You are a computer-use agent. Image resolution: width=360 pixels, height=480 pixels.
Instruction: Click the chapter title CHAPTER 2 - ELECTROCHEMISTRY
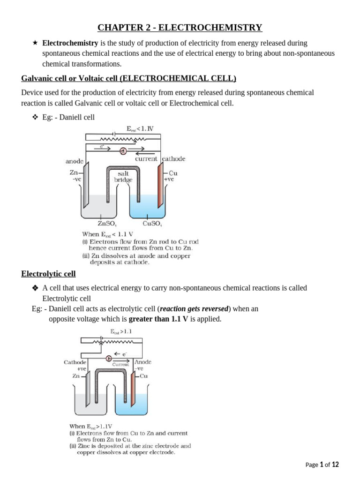(180, 28)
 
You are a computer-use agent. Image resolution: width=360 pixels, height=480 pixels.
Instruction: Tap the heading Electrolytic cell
(48, 274)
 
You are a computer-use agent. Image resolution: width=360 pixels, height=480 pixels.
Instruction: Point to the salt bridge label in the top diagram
(123, 177)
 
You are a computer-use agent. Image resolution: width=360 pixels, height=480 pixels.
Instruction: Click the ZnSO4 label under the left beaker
(107, 224)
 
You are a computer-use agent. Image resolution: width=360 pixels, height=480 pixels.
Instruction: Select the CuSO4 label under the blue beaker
(152, 224)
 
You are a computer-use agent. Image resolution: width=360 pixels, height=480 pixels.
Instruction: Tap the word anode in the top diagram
(75, 161)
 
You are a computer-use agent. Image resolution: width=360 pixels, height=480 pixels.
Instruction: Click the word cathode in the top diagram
(174, 159)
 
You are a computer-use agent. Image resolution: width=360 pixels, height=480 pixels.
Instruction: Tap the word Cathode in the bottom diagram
(75, 362)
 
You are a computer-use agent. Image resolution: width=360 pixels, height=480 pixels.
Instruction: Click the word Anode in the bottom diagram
(142, 362)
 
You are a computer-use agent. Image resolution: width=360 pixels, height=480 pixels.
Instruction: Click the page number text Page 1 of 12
(322, 465)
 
